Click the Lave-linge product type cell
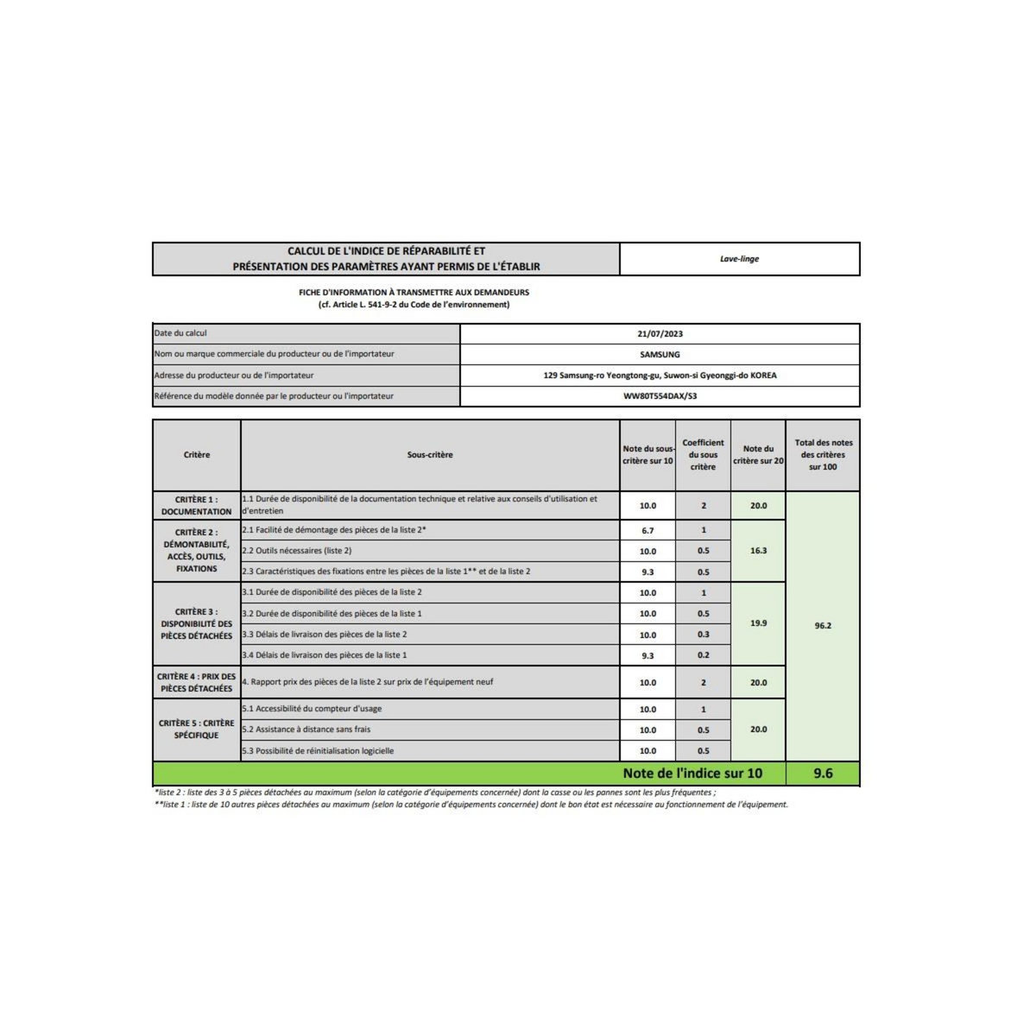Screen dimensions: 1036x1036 click(x=739, y=259)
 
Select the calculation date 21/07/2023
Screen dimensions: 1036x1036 click(x=660, y=333)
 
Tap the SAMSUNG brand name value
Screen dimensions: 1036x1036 click(x=660, y=354)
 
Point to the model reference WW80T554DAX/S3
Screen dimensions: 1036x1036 click(x=660, y=396)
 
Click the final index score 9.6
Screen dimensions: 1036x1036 click(x=823, y=774)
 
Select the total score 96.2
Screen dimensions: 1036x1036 click(x=823, y=626)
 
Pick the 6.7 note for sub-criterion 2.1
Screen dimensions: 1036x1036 click(x=647, y=530)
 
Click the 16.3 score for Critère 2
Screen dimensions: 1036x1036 click(x=758, y=550)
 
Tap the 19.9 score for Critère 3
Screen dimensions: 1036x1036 click(x=758, y=622)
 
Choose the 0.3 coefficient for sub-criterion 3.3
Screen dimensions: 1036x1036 click(x=703, y=635)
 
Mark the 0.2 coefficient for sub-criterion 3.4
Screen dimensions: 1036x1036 click(x=703, y=655)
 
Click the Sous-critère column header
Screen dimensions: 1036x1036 click(x=430, y=455)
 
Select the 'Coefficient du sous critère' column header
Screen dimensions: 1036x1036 click(x=703, y=455)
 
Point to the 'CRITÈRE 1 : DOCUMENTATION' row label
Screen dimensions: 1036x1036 click(x=197, y=505)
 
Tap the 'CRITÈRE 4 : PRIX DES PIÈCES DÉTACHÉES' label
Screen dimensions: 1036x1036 click(x=197, y=682)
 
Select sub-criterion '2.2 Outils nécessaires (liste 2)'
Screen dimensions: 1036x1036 click(x=297, y=551)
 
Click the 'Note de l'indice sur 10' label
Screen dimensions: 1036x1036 click(x=692, y=774)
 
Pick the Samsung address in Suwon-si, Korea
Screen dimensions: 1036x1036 click(x=660, y=376)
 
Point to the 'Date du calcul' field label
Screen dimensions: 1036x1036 click(x=180, y=333)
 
